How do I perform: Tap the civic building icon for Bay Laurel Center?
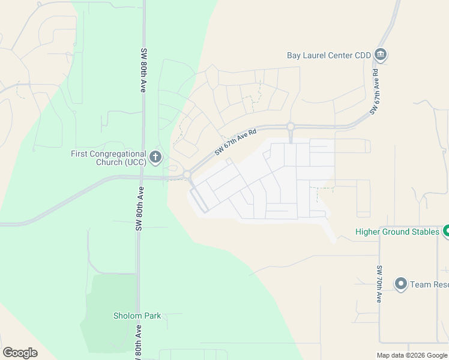click(381, 55)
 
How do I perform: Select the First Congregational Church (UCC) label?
click(108, 158)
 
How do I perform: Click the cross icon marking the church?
click(155, 158)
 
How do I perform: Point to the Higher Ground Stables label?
click(397, 232)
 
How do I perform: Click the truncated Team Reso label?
click(429, 284)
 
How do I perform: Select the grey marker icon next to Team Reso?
click(401, 283)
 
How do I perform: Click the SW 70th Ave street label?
click(379, 284)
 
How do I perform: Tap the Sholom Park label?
click(137, 316)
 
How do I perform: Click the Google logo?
click(20, 353)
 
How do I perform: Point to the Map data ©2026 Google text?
click(412, 355)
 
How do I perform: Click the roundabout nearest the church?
click(187, 175)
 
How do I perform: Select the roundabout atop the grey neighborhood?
click(291, 127)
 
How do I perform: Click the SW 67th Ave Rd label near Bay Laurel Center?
click(376, 94)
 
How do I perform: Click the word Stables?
click(424, 232)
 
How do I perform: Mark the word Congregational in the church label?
click(117, 154)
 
